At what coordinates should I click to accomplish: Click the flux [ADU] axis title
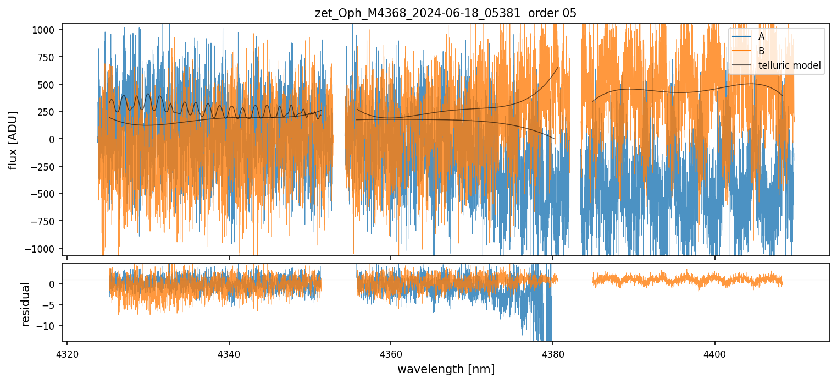click(x=13, y=140)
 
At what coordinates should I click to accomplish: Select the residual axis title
click(x=25, y=304)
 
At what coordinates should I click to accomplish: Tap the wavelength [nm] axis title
click(x=446, y=369)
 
